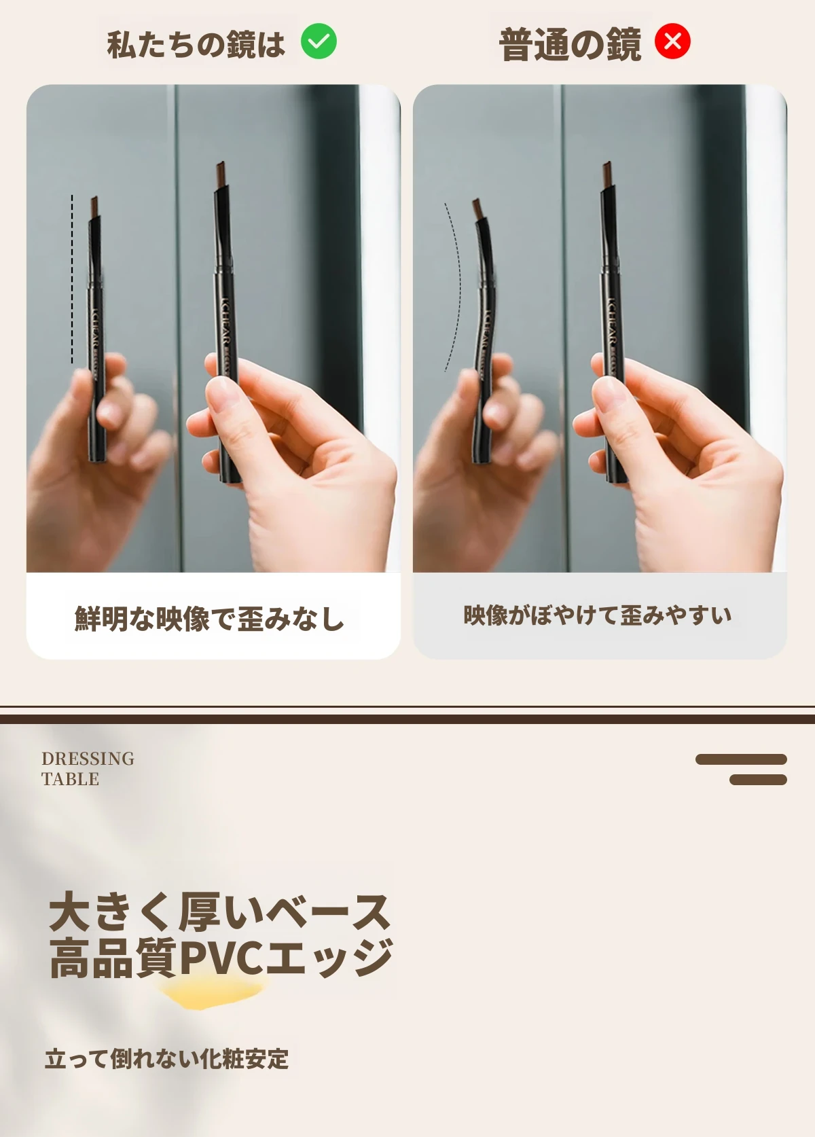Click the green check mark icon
[x=319, y=41]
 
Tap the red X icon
[x=672, y=41]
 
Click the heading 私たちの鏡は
[x=196, y=43]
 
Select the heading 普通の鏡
[x=570, y=45]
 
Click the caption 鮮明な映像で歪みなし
[x=209, y=617]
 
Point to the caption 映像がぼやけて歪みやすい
[x=597, y=615]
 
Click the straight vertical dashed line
[x=72, y=278]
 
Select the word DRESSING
[x=88, y=758]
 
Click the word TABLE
[x=70, y=778]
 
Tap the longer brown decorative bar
[x=741, y=759]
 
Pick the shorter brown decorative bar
[x=758, y=779]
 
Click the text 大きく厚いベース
[x=220, y=913]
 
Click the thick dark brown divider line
[x=407, y=719]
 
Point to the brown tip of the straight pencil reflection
[x=94, y=206]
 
